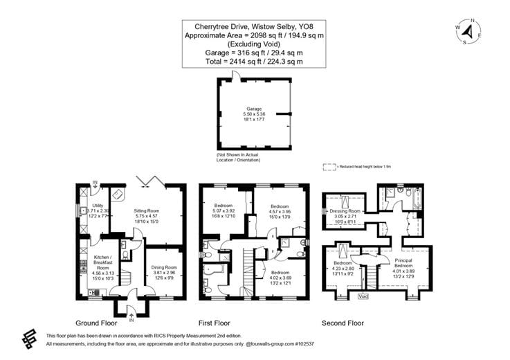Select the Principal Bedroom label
[x=403, y=262]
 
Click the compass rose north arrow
[x=468, y=31]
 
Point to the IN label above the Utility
[x=95, y=184]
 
